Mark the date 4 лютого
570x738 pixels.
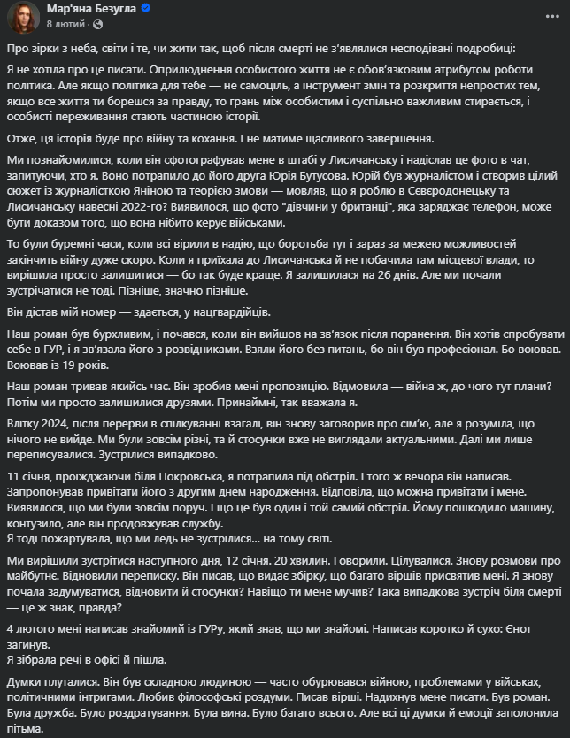pos(34,627)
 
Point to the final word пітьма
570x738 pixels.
pos(25,731)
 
